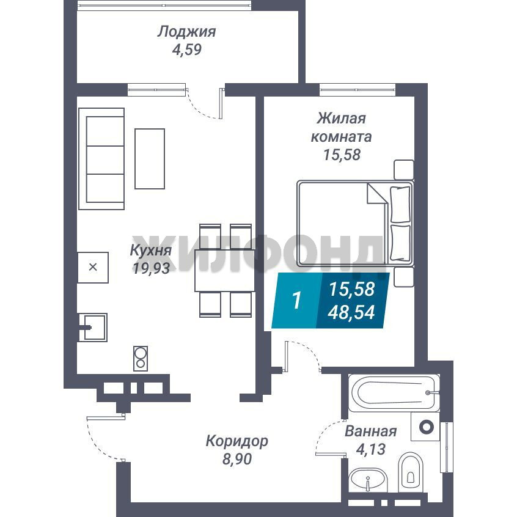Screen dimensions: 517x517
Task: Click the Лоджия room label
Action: (186, 32)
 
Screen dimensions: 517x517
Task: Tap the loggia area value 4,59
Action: (186, 50)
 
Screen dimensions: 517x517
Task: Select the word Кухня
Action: (151, 251)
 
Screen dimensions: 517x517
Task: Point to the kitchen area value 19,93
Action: (151, 268)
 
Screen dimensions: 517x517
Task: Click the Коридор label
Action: (237, 441)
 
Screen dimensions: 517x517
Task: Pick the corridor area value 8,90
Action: (237, 459)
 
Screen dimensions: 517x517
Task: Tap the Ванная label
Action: (370, 431)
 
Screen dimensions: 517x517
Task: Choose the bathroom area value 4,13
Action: (371, 449)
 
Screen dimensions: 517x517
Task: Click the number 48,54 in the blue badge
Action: (351, 312)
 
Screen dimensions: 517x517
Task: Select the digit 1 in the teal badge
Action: (297, 301)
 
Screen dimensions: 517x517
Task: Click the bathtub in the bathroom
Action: (394, 393)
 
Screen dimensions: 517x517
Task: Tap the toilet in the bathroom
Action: (411, 472)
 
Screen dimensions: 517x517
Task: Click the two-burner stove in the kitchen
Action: (141, 358)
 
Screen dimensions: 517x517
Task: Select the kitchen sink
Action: (93, 328)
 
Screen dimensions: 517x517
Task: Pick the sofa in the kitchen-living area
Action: (101, 159)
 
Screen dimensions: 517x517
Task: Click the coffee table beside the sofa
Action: (150, 159)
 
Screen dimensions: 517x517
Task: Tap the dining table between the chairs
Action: (225, 270)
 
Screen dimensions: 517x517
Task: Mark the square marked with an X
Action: (93, 268)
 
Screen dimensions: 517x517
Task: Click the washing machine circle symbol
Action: (426, 427)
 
